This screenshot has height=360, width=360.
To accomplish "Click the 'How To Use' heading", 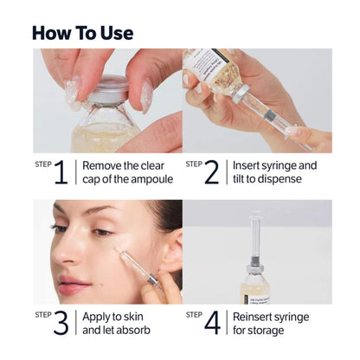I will point(82,33).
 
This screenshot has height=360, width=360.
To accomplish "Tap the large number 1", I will point(61,171).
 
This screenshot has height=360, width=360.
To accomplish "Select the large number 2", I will point(211,171).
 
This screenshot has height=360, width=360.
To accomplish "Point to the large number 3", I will point(61,323).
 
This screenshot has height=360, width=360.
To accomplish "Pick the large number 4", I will point(212,323).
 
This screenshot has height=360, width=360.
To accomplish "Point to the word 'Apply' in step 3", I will point(99,316).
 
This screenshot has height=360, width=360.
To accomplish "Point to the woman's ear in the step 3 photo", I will point(170,251).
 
